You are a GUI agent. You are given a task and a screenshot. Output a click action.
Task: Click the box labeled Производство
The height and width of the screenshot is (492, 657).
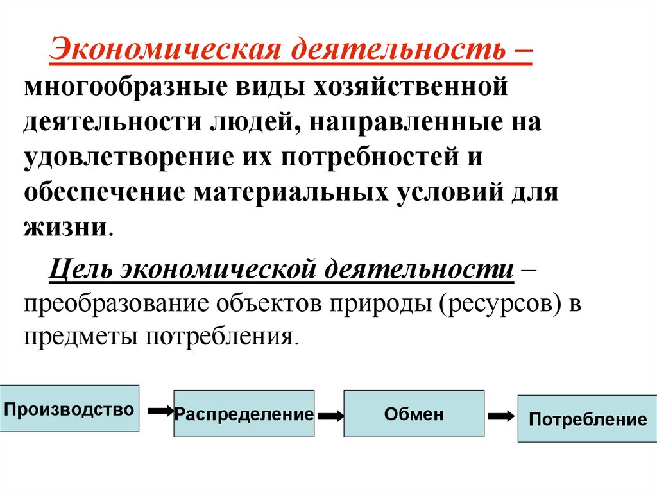point(69,409)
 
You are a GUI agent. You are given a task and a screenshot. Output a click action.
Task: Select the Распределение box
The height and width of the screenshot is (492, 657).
point(244,414)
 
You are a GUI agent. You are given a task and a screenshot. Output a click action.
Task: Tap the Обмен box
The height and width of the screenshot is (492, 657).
point(414,414)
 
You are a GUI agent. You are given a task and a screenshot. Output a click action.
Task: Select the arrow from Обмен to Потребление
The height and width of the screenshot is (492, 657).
point(501,415)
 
